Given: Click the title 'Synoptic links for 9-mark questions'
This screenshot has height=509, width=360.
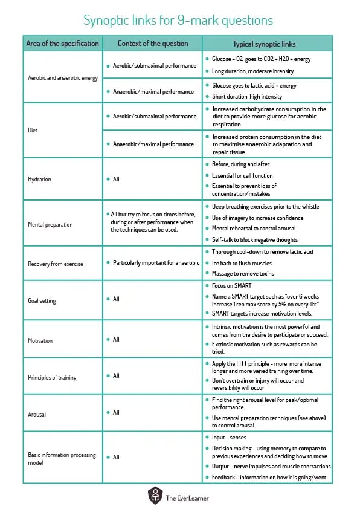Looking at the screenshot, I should (x=178, y=20).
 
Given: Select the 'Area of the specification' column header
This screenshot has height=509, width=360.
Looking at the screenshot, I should (x=62, y=44).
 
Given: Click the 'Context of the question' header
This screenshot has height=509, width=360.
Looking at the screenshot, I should (x=152, y=44).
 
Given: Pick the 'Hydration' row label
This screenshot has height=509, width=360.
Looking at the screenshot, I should (x=40, y=180).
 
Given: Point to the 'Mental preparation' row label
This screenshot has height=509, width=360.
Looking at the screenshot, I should (x=50, y=224).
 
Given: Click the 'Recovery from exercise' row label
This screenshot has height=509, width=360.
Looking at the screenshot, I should (x=56, y=264).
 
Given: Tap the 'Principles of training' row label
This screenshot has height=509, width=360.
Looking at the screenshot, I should (x=52, y=378).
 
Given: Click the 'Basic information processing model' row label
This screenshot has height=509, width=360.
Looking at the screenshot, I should (x=62, y=458).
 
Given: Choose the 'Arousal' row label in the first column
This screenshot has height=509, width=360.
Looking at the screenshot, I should (x=37, y=415).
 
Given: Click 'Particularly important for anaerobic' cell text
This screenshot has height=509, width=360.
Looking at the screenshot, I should (x=156, y=263).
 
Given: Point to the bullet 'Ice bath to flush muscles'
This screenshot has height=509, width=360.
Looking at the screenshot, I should (x=242, y=263).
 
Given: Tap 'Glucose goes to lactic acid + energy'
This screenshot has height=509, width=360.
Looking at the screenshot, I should (x=254, y=86).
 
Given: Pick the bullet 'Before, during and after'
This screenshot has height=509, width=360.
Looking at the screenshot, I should (x=240, y=164).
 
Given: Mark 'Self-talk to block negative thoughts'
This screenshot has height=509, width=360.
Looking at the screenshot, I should (x=254, y=239).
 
